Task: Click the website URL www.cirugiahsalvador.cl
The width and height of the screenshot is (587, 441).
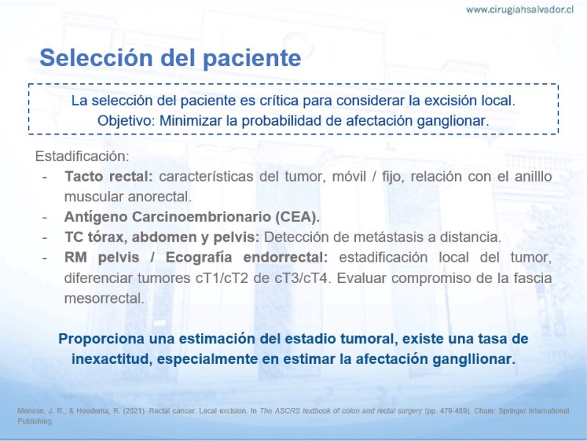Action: click(x=519, y=10)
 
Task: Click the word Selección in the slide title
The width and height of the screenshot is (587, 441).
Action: click(x=96, y=58)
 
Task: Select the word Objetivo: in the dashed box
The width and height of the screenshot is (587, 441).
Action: click(x=126, y=121)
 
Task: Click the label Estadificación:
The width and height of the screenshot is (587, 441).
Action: click(x=82, y=156)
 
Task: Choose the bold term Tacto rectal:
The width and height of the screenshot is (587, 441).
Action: click(x=109, y=176)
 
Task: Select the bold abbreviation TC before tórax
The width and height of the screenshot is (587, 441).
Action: click(x=74, y=237)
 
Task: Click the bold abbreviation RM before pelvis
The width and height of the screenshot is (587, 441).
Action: click(x=76, y=257)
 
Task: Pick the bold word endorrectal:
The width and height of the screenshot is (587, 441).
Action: click(x=285, y=257)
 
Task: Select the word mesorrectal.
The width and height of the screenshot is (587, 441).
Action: click(x=104, y=298)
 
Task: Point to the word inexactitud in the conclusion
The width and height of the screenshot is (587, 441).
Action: click(x=112, y=359)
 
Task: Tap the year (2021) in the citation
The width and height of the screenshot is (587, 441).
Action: click(x=134, y=411)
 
